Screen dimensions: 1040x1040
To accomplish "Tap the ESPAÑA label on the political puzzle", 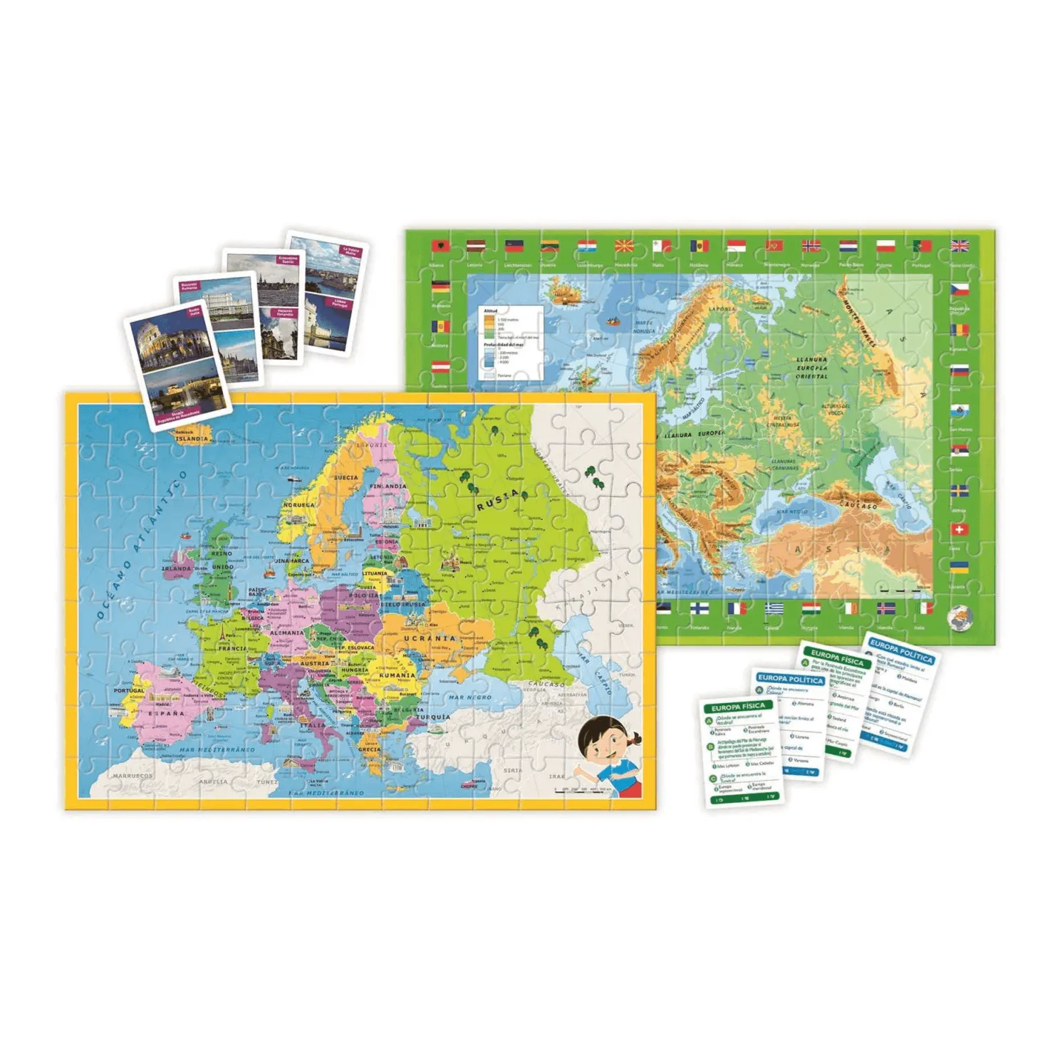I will [x=167, y=713].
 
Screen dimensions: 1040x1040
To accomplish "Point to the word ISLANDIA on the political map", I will [x=192, y=439].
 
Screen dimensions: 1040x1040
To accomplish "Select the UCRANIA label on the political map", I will [x=430, y=638].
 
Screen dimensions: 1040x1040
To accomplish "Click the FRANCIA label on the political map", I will [x=234, y=649].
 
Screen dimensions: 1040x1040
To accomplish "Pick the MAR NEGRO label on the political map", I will [x=470, y=697].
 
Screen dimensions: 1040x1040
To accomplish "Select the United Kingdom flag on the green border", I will [x=960, y=246].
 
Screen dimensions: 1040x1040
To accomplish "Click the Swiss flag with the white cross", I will [x=959, y=530].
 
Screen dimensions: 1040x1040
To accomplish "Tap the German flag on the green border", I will [x=440, y=288].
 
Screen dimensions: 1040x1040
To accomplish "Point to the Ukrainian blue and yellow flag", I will [x=959, y=568].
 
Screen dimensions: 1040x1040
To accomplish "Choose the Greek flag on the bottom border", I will [x=774, y=608].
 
